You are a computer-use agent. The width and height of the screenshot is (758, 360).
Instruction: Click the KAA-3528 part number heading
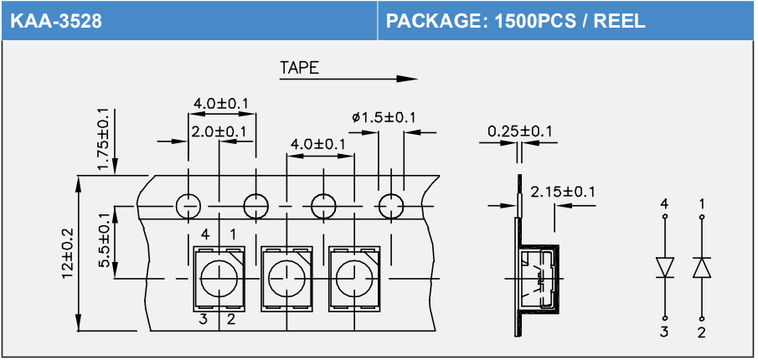click(x=56, y=21)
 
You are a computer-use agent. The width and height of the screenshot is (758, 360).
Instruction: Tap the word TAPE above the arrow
click(x=299, y=68)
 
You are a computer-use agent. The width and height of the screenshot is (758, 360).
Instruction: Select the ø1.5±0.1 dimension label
click(x=384, y=117)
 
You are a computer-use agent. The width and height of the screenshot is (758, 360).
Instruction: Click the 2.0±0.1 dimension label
click(x=219, y=132)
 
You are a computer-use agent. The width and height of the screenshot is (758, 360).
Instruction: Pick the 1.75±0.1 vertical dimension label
click(x=103, y=139)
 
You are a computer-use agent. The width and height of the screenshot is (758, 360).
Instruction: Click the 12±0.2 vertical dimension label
click(x=68, y=253)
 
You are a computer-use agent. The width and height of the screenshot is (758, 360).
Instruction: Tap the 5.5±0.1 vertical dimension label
click(x=103, y=240)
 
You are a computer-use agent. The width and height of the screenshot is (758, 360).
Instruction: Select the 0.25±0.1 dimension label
click(x=520, y=131)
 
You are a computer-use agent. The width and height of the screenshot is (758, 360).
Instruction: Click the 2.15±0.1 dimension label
click(x=563, y=192)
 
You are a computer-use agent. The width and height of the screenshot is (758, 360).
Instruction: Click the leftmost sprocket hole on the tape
click(x=188, y=204)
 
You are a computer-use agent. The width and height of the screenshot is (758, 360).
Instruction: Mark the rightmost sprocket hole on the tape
click(x=390, y=204)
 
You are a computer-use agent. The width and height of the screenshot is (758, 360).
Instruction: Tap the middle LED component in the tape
click(x=287, y=277)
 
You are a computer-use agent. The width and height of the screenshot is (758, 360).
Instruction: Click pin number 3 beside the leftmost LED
click(x=204, y=318)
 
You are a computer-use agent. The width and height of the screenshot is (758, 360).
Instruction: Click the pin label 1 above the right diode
click(x=701, y=203)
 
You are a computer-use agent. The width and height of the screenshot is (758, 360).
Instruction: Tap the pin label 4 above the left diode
click(x=665, y=203)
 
